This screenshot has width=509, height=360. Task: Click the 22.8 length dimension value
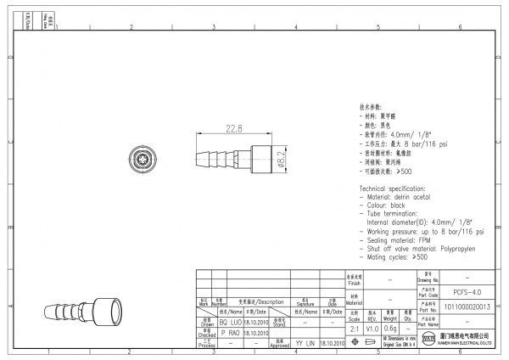pos(233,129)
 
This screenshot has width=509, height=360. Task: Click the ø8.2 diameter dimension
pos(281,158)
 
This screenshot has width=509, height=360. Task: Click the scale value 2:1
pos(355,329)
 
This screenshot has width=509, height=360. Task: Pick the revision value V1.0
pos(372,329)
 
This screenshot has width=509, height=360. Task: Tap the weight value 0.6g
pos(390,329)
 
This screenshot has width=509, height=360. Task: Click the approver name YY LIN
pos(305,343)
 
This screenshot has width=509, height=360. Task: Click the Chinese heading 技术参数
pos(372,110)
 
